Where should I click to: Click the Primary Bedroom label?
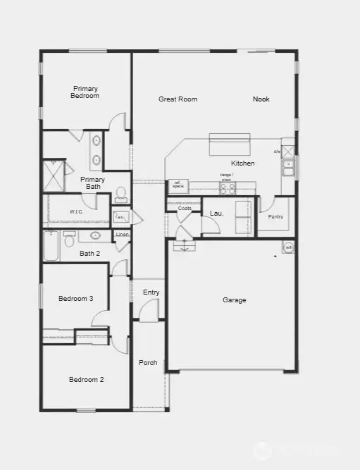pos(85,92)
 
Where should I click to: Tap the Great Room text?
pos(178,99)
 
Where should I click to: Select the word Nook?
pos(261,99)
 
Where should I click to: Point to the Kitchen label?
pos(243,163)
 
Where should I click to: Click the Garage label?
pos(235,300)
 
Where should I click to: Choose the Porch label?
pos(148,363)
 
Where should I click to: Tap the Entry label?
pos(151,292)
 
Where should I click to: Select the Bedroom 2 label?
pos(86,380)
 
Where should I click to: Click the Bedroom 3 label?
pos(75,299)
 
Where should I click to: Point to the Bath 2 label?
pos(90,254)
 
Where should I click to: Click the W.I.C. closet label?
pos(77,211)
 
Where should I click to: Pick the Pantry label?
pos(275,216)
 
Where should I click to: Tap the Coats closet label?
pos(185,209)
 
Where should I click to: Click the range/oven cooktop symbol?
pos(228,187)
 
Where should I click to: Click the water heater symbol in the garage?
pos(288,247)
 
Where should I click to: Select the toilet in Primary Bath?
pos(121,193)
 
